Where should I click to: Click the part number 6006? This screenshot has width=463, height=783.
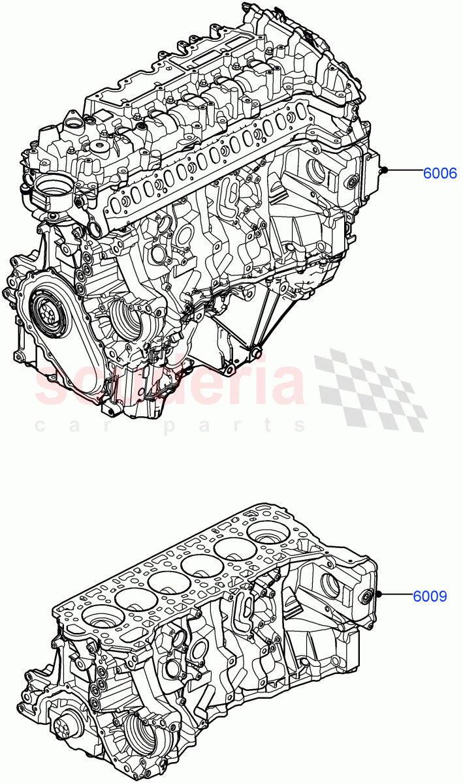(439, 173)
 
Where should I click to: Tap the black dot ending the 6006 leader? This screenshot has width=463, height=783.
(385, 171)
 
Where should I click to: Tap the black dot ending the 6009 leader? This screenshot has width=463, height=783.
(377, 594)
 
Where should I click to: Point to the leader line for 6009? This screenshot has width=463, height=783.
(394, 594)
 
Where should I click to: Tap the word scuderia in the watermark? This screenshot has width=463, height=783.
(170, 385)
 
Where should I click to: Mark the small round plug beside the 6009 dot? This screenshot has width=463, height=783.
(365, 596)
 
